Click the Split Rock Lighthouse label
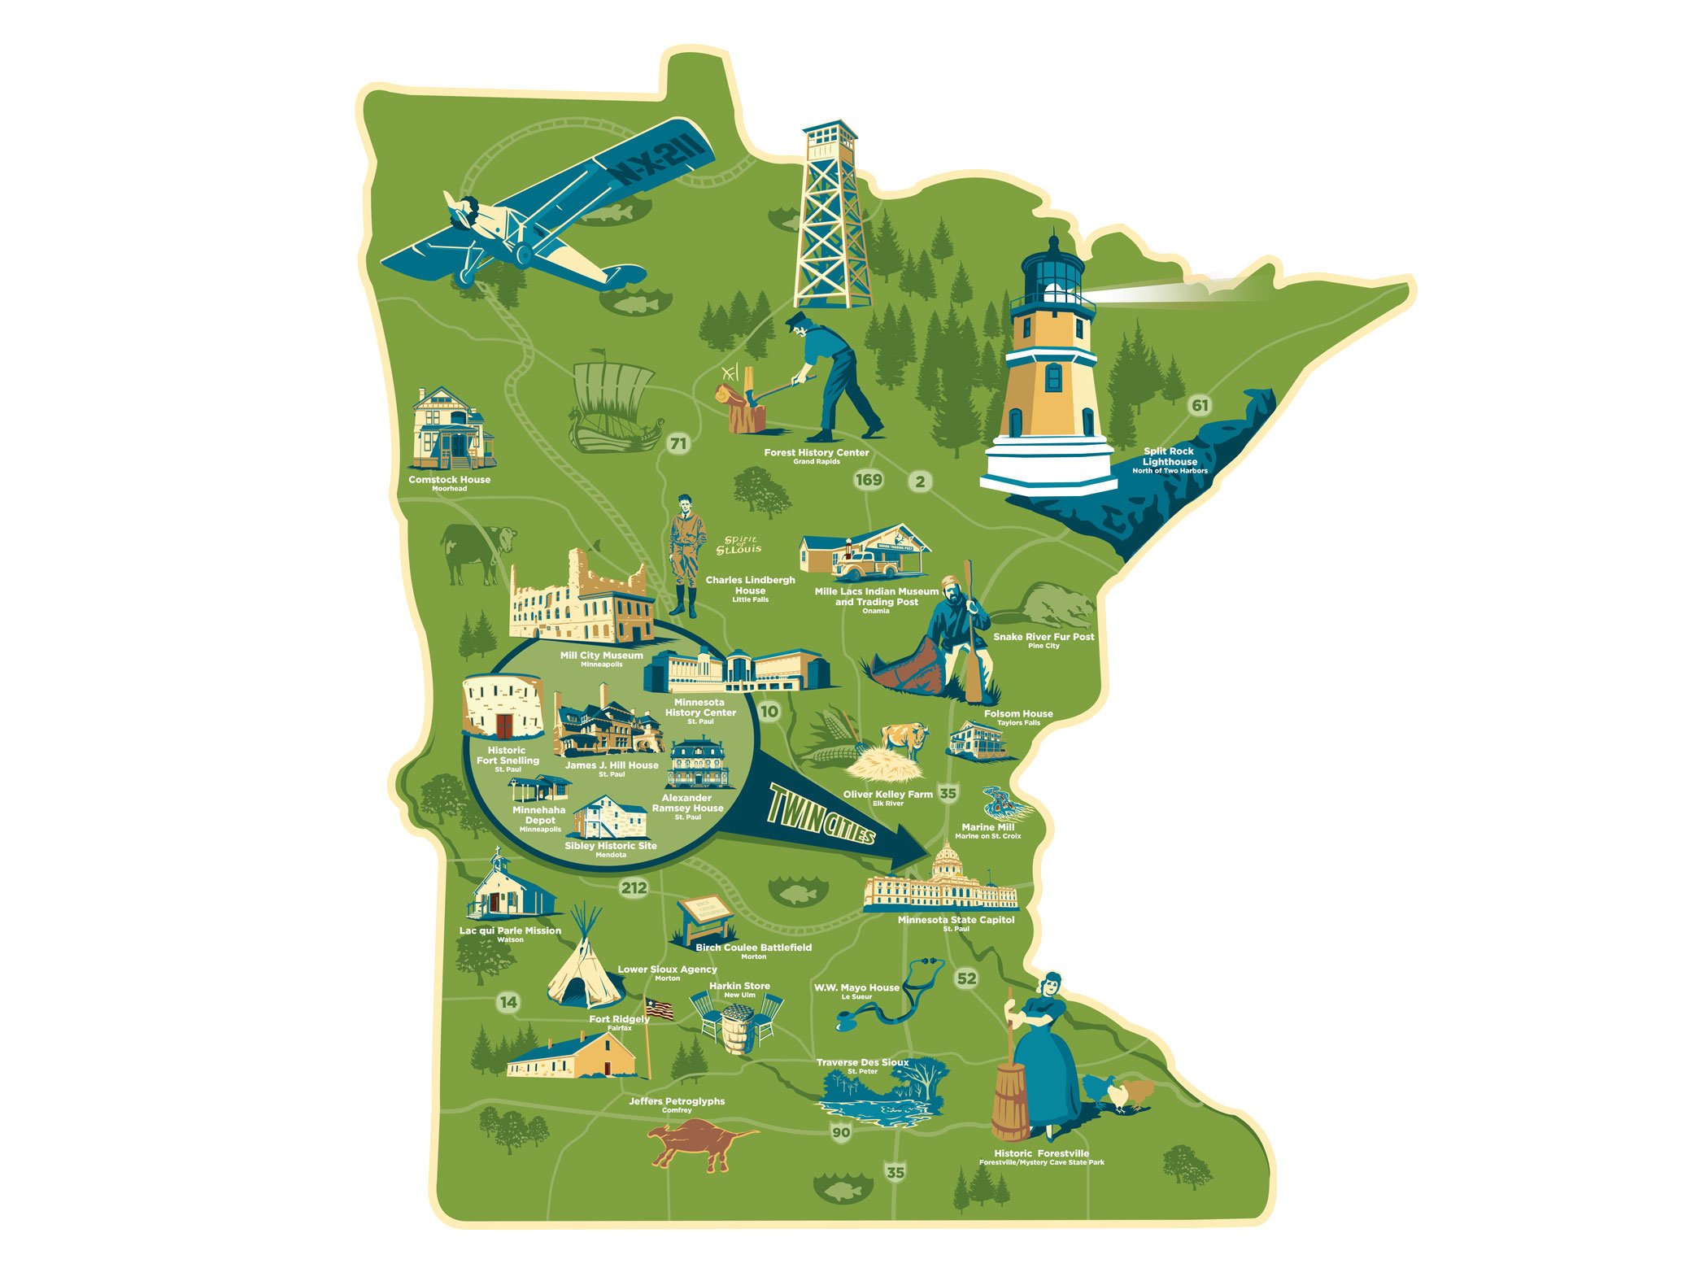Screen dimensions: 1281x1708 click(x=1170, y=457)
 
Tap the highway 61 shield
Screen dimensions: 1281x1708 click(x=1200, y=405)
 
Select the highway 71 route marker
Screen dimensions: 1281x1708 click(x=678, y=444)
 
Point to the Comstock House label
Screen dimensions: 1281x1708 click(x=449, y=480)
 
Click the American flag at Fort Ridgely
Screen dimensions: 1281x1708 click(x=660, y=1009)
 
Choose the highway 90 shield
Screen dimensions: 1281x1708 click(x=841, y=1131)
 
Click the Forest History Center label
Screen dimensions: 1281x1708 click(x=816, y=453)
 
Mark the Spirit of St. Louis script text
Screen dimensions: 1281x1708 click(x=739, y=545)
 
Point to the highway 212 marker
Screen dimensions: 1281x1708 click(x=634, y=887)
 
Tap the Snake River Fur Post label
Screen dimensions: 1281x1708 click(x=1043, y=637)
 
